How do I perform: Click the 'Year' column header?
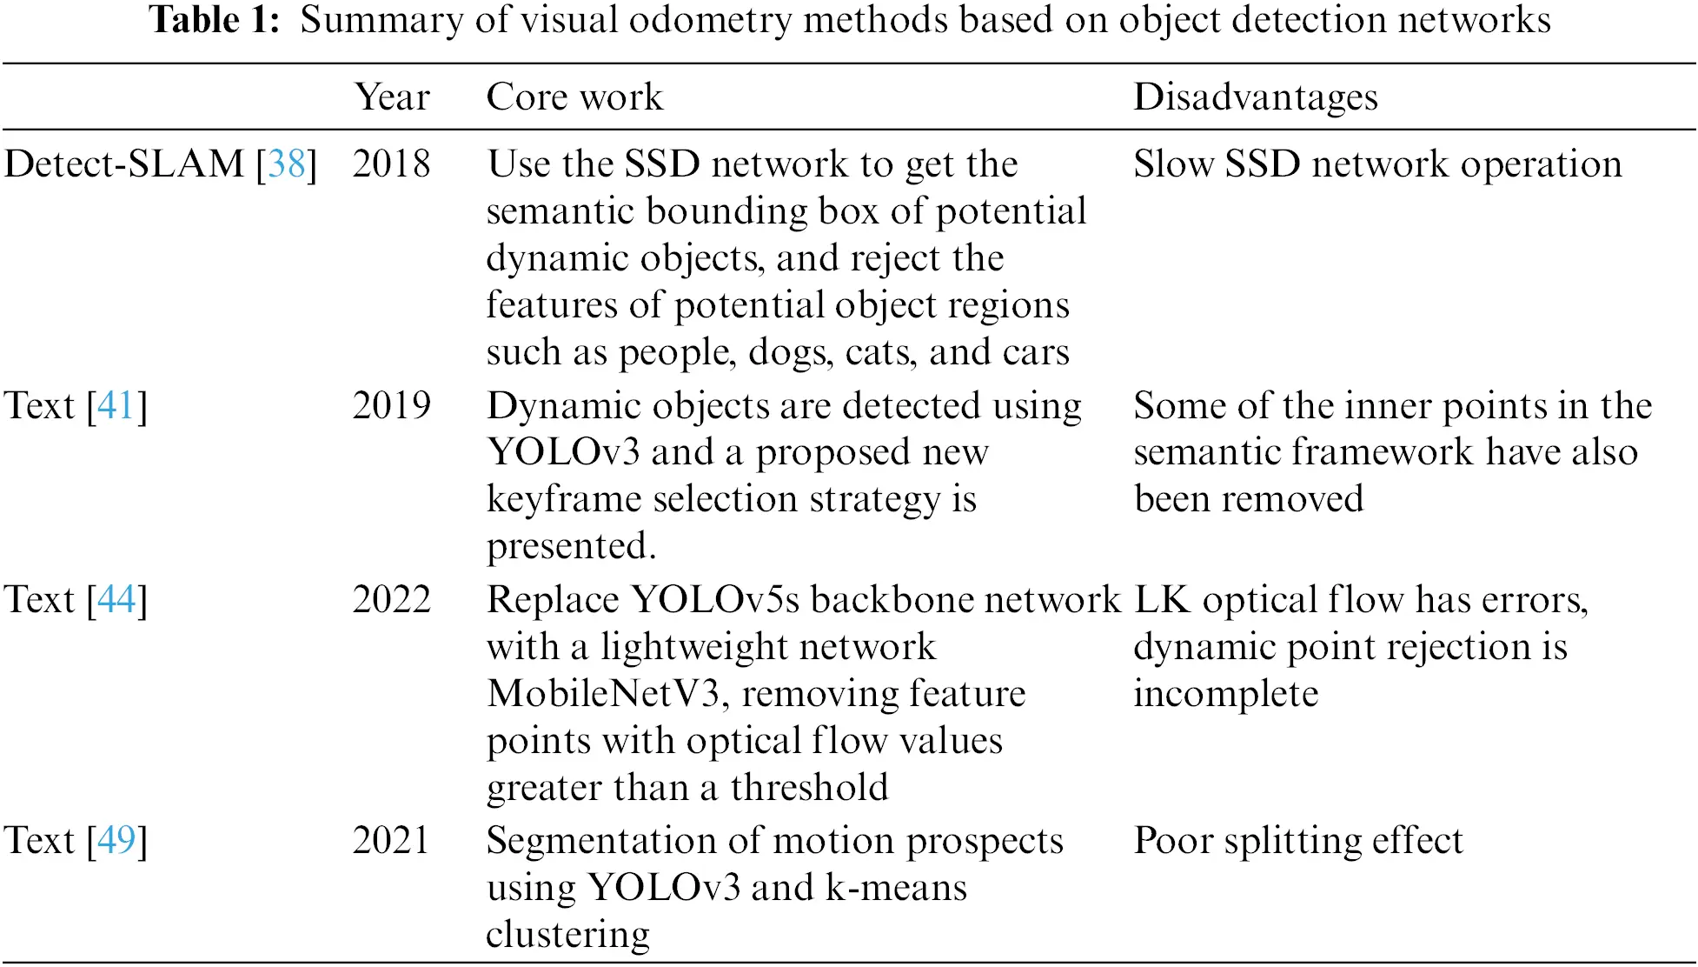392,97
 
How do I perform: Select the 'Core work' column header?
574,97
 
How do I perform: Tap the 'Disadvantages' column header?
1256,97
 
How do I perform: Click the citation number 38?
287,163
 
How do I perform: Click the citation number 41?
116,405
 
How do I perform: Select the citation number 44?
116,599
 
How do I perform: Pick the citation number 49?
116,840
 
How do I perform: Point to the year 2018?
391,163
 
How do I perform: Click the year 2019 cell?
391,405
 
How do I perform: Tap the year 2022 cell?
391,599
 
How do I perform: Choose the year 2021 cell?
391,840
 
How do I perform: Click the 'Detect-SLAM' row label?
124,163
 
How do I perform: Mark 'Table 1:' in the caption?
215,20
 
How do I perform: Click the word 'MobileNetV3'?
604,694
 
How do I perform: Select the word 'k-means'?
896,888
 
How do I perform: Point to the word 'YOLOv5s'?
715,599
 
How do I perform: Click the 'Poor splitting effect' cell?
1298,840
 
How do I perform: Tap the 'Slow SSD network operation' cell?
1377,163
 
